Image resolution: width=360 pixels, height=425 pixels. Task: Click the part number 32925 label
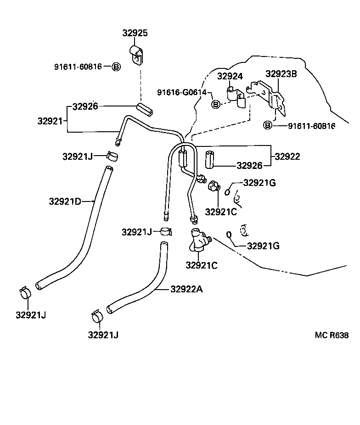click(x=135, y=33)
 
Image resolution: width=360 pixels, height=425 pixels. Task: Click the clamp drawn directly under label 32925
click(x=136, y=54)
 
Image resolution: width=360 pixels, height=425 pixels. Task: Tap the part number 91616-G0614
click(x=182, y=92)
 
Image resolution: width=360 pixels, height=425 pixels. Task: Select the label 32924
click(x=230, y=76)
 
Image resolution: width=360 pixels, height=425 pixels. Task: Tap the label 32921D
click(x=65, y=201)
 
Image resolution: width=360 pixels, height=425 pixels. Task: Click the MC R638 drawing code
click(x=332, y=335)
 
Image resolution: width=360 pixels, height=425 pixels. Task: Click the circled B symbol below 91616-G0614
click(x=215, y=105)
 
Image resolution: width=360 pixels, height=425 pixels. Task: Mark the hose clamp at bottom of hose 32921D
click(x=26, y=292)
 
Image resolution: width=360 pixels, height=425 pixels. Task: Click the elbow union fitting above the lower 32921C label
click(x=198, y=240)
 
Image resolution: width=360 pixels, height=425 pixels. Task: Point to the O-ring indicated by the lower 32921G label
click(x=229, y=235)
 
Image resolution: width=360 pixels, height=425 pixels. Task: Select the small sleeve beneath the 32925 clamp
click(x=145, y=110)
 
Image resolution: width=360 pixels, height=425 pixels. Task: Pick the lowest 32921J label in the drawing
click(x=103, y=335)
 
